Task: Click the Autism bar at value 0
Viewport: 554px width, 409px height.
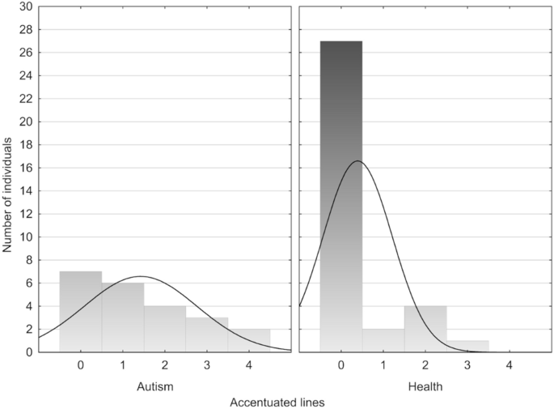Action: (x=81, y=312)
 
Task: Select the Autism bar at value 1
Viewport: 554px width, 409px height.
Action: (x=123, y=317)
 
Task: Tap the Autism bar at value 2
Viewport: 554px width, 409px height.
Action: (x=165, y=329)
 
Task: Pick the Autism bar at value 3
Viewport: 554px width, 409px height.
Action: (x=207, y=334)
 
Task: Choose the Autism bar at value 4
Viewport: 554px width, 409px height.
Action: (x=249, y=341)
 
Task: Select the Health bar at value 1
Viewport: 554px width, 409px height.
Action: (x=383, y=341)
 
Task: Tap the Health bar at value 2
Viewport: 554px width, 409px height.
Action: (x=425, y=329)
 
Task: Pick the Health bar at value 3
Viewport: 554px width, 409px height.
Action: (x=467, y=347)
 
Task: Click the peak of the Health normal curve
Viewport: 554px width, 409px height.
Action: (x=357, y=161)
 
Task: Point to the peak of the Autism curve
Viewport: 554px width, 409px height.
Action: (x=141, y=276)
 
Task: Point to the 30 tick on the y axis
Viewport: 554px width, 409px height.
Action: (x=26, y=6)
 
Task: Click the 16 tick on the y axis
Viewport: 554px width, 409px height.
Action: (x=26, y=168)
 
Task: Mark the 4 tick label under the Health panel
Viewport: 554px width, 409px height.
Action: (x=510, y=366)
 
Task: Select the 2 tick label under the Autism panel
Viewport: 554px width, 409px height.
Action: (x=165, y=366)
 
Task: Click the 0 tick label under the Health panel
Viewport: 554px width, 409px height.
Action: (x=341, y=366)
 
